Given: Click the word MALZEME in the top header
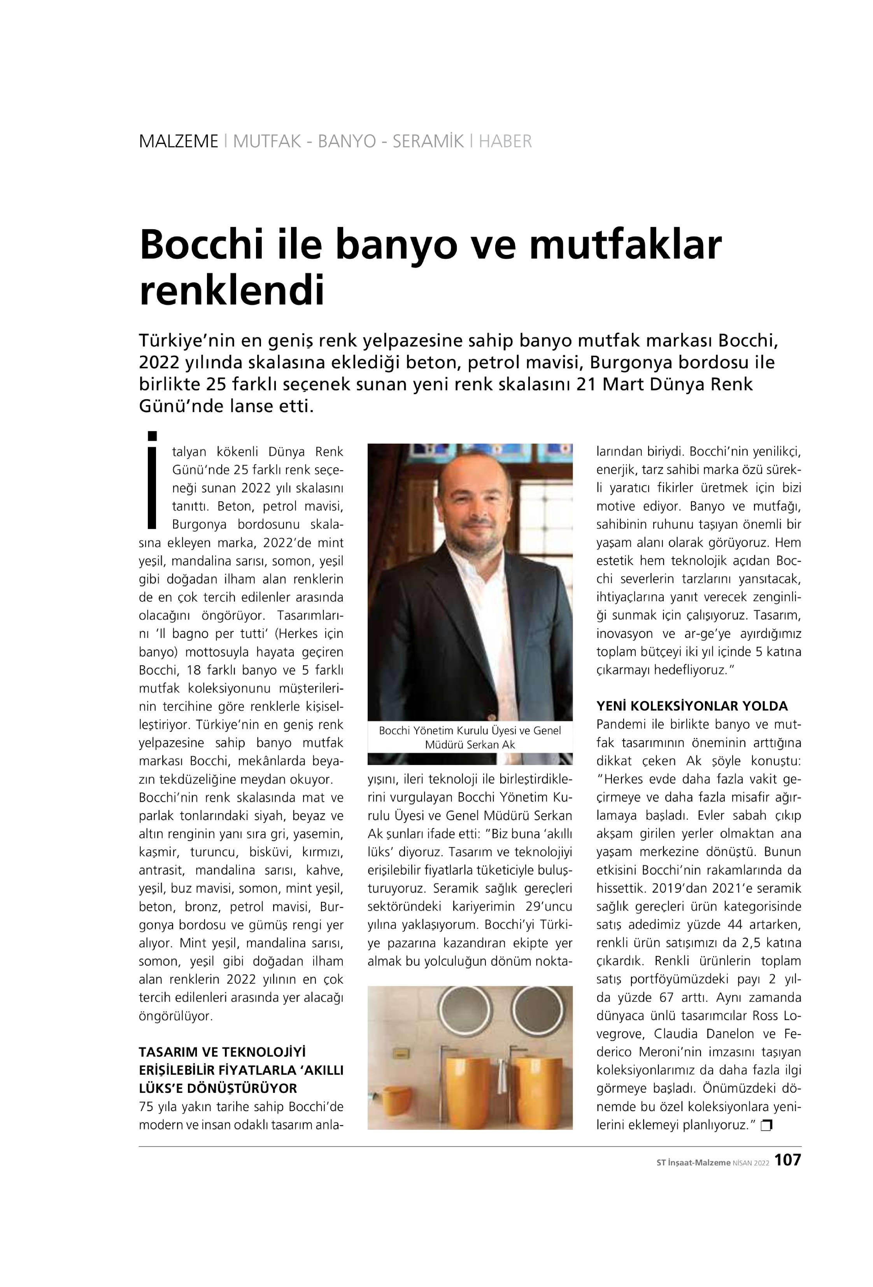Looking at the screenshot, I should click(x=178, y=142).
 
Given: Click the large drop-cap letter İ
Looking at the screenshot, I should click(x=153, y=479).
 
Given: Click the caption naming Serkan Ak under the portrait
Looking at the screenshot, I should click(x=470, y=737).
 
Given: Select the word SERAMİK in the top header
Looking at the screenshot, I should click(x=428, y=142).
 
